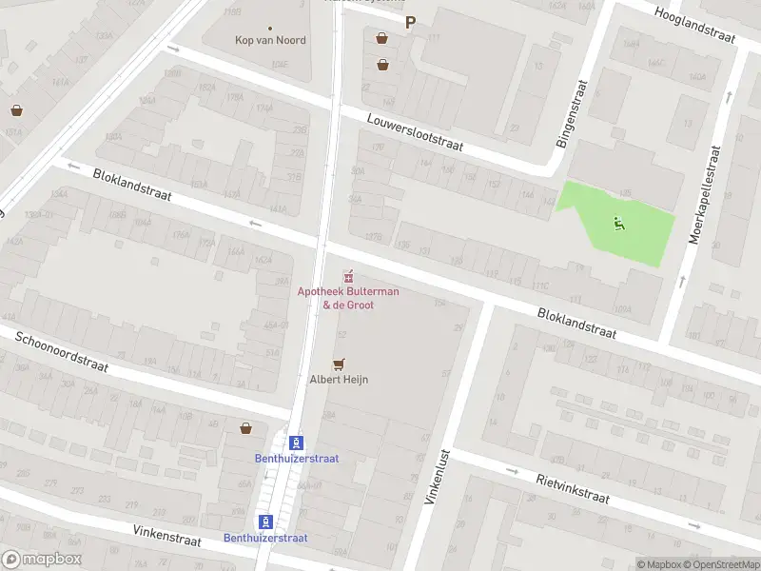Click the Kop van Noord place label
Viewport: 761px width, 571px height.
tap(270, 40)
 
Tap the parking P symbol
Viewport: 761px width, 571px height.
tap(411, 23)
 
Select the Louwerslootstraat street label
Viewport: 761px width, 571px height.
tap(415, 130)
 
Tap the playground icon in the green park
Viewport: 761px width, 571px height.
tap(619, 225)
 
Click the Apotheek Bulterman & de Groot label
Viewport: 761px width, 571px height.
tap(348, 298)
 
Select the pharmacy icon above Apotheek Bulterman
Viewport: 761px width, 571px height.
tap(349, 277)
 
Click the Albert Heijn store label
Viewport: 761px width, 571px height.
tap(339, 379)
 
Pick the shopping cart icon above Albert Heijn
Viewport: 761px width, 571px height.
tap(338, 364)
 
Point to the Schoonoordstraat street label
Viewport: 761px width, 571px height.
tap(61, 352)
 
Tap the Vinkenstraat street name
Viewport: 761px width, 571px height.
tap(166, 535)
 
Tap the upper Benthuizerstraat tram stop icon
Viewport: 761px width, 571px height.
tap(297, 443)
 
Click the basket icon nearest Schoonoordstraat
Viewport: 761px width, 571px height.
tap(246, 428)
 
